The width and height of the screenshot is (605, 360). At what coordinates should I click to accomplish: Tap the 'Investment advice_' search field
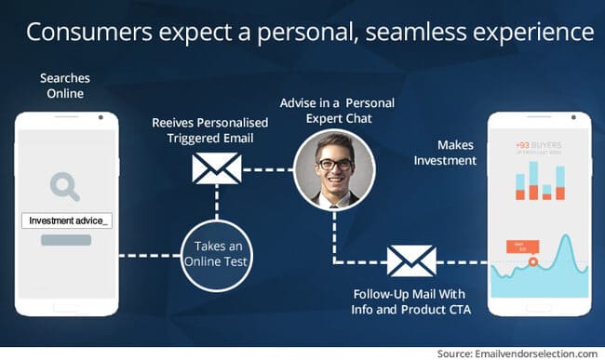tap(65, 220)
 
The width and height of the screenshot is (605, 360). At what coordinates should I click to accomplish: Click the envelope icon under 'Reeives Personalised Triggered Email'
tap(216, 168)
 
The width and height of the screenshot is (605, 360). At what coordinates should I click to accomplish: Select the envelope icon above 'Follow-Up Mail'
tap(410, 261)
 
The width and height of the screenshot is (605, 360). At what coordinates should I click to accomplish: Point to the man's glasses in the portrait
tap(333, 165)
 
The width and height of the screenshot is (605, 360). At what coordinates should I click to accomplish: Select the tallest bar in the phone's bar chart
tap(559, 177)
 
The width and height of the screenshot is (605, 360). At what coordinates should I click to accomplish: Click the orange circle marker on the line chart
tap(532, 261)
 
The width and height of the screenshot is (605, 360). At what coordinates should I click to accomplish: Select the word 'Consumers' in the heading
tap(79, 33)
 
